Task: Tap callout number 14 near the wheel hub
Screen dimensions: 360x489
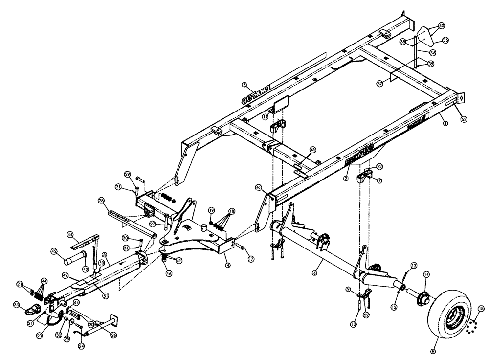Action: click(x=426, y=275)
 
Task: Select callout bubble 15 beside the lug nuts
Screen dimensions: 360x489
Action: click(x=480, y=309)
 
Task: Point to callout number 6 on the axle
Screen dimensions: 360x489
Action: click(x=315, y=269)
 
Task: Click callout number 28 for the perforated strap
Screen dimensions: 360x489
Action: click(x=101, y=200)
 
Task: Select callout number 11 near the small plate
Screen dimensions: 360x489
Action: click(x=264, y=117)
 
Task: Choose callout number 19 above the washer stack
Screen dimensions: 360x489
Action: click(x=211, y=210)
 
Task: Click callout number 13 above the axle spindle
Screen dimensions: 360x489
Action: click(x=414, y=265)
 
